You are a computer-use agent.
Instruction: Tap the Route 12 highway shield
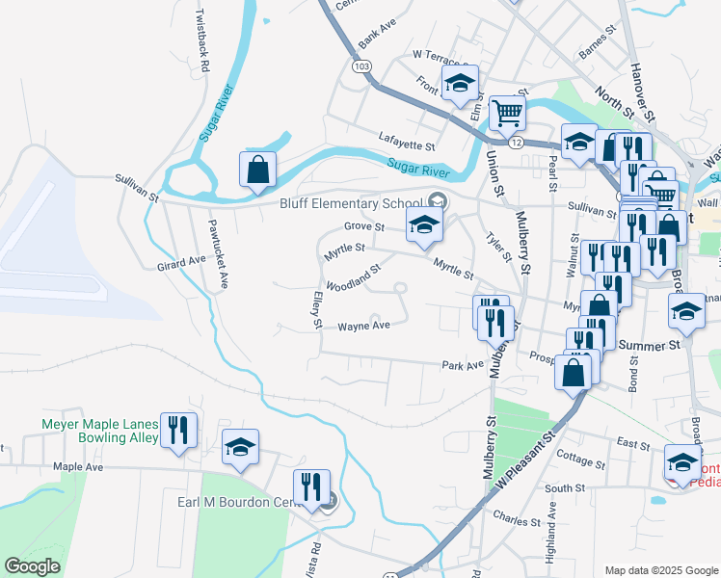(518, 142)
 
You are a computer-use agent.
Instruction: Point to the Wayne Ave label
(363, 327)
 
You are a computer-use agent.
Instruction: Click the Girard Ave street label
(182, 261)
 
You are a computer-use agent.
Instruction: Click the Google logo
(32, 566)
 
